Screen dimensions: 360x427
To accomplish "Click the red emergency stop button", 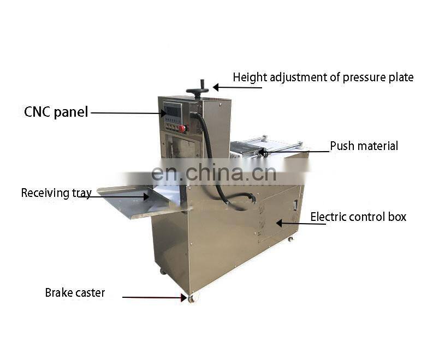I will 182,129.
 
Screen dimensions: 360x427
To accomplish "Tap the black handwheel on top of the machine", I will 197,89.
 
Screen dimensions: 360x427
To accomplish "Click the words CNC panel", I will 56,112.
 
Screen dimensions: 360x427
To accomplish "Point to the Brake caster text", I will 75,293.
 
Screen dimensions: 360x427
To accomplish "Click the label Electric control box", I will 358,217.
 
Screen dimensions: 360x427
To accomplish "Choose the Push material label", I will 364,146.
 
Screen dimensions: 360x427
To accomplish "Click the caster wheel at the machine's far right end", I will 290,238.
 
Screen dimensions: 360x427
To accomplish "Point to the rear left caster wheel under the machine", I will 163,271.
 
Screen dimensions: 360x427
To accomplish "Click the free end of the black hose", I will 252,199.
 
